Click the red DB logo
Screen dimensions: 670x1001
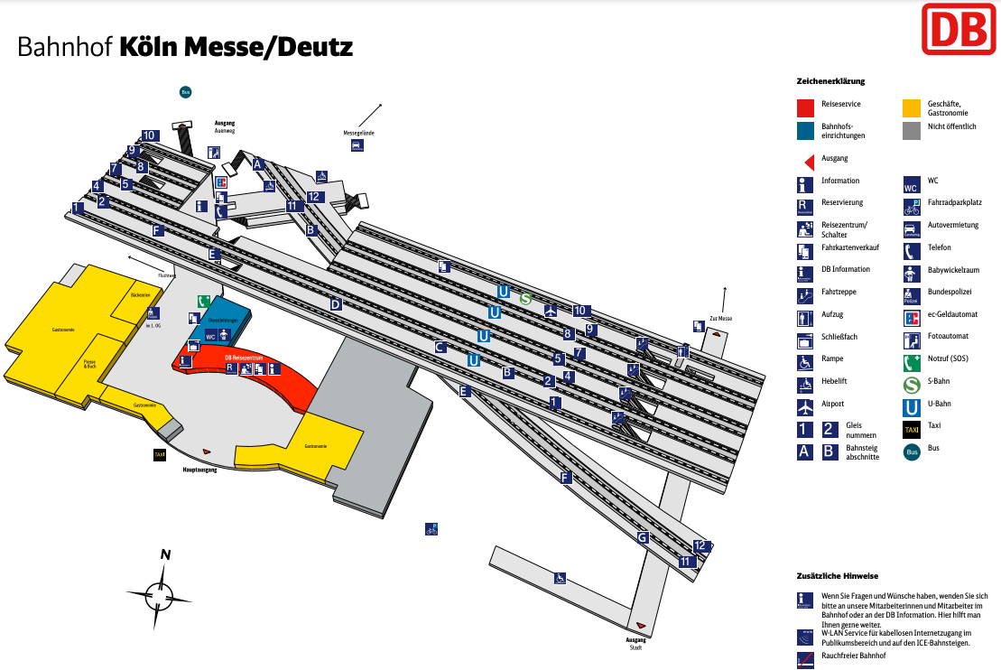pyautogui.click(x=957, y=28)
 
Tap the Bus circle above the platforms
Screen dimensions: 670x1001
pyautogui.click(x=185, y=91)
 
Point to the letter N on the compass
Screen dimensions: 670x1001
pyautogui.click(x=165, y=555)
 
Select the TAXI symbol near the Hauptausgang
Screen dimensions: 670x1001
pyautogui.click(x=160, y=455)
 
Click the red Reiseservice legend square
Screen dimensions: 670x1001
pyautogui.click(x=806, y=108)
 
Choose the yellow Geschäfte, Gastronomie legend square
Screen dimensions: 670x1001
pyautogui.click(x=912, y=108)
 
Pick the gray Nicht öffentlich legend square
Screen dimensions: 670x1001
pyautogui.click(x=912, y=131)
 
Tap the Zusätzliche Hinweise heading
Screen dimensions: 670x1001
pyautogui.click(x=837, y=575)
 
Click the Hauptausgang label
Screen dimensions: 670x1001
pyautogui.click(x=201, y=470)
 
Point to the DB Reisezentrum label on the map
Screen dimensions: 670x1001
pyautogui.click(x=244, y=358)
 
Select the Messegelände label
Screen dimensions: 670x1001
pyautogui.click(x=358, y=133)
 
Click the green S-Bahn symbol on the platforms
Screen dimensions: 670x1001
pyautogui.click(x=525, y=298)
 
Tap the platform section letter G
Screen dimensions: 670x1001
pyautogui.click(x=643, y=537)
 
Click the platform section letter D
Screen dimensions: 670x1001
pyautogui.click(x=336, y=304)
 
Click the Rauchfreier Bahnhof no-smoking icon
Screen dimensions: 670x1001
pyautogui.click(x=805, y=661)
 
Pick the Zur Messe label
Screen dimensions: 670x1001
pyautogui.click(x=720, y=319)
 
